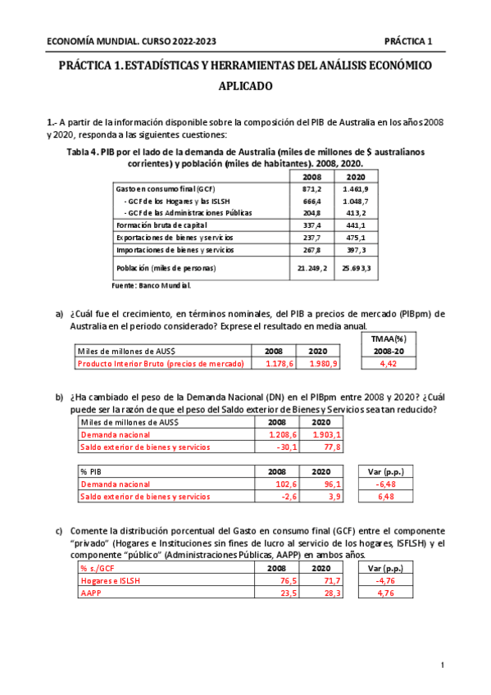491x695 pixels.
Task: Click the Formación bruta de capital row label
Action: coord(161,225)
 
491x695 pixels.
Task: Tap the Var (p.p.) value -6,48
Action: coord(385,484)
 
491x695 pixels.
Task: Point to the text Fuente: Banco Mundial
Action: coord(152,285)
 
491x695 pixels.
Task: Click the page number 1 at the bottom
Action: coord(442,665)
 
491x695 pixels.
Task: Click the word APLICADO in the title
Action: coord(245,85)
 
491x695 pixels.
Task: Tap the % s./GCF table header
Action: coord(98,567)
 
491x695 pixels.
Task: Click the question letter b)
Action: coord(59,397)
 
